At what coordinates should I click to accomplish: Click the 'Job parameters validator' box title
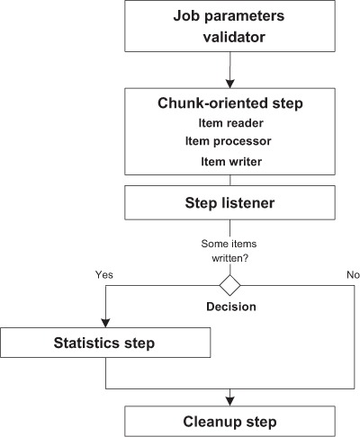229,26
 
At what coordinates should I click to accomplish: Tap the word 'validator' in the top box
234,37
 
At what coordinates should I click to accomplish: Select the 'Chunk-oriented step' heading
230,103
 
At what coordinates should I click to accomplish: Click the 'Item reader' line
230,123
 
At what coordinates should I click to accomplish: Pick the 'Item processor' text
229,141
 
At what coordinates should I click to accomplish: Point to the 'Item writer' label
231,162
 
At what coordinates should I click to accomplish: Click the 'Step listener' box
229,202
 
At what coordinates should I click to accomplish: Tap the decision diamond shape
229,285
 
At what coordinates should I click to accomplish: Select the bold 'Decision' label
231,307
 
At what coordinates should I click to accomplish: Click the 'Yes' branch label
104,274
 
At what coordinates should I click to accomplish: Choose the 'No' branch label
353,274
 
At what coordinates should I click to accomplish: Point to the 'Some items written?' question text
229,251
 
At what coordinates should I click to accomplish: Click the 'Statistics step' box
105,343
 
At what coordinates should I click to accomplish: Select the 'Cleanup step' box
229,421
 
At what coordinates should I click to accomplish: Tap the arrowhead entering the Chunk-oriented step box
229,84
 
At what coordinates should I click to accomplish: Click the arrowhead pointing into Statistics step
105,323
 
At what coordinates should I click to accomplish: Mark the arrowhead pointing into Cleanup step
229,402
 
